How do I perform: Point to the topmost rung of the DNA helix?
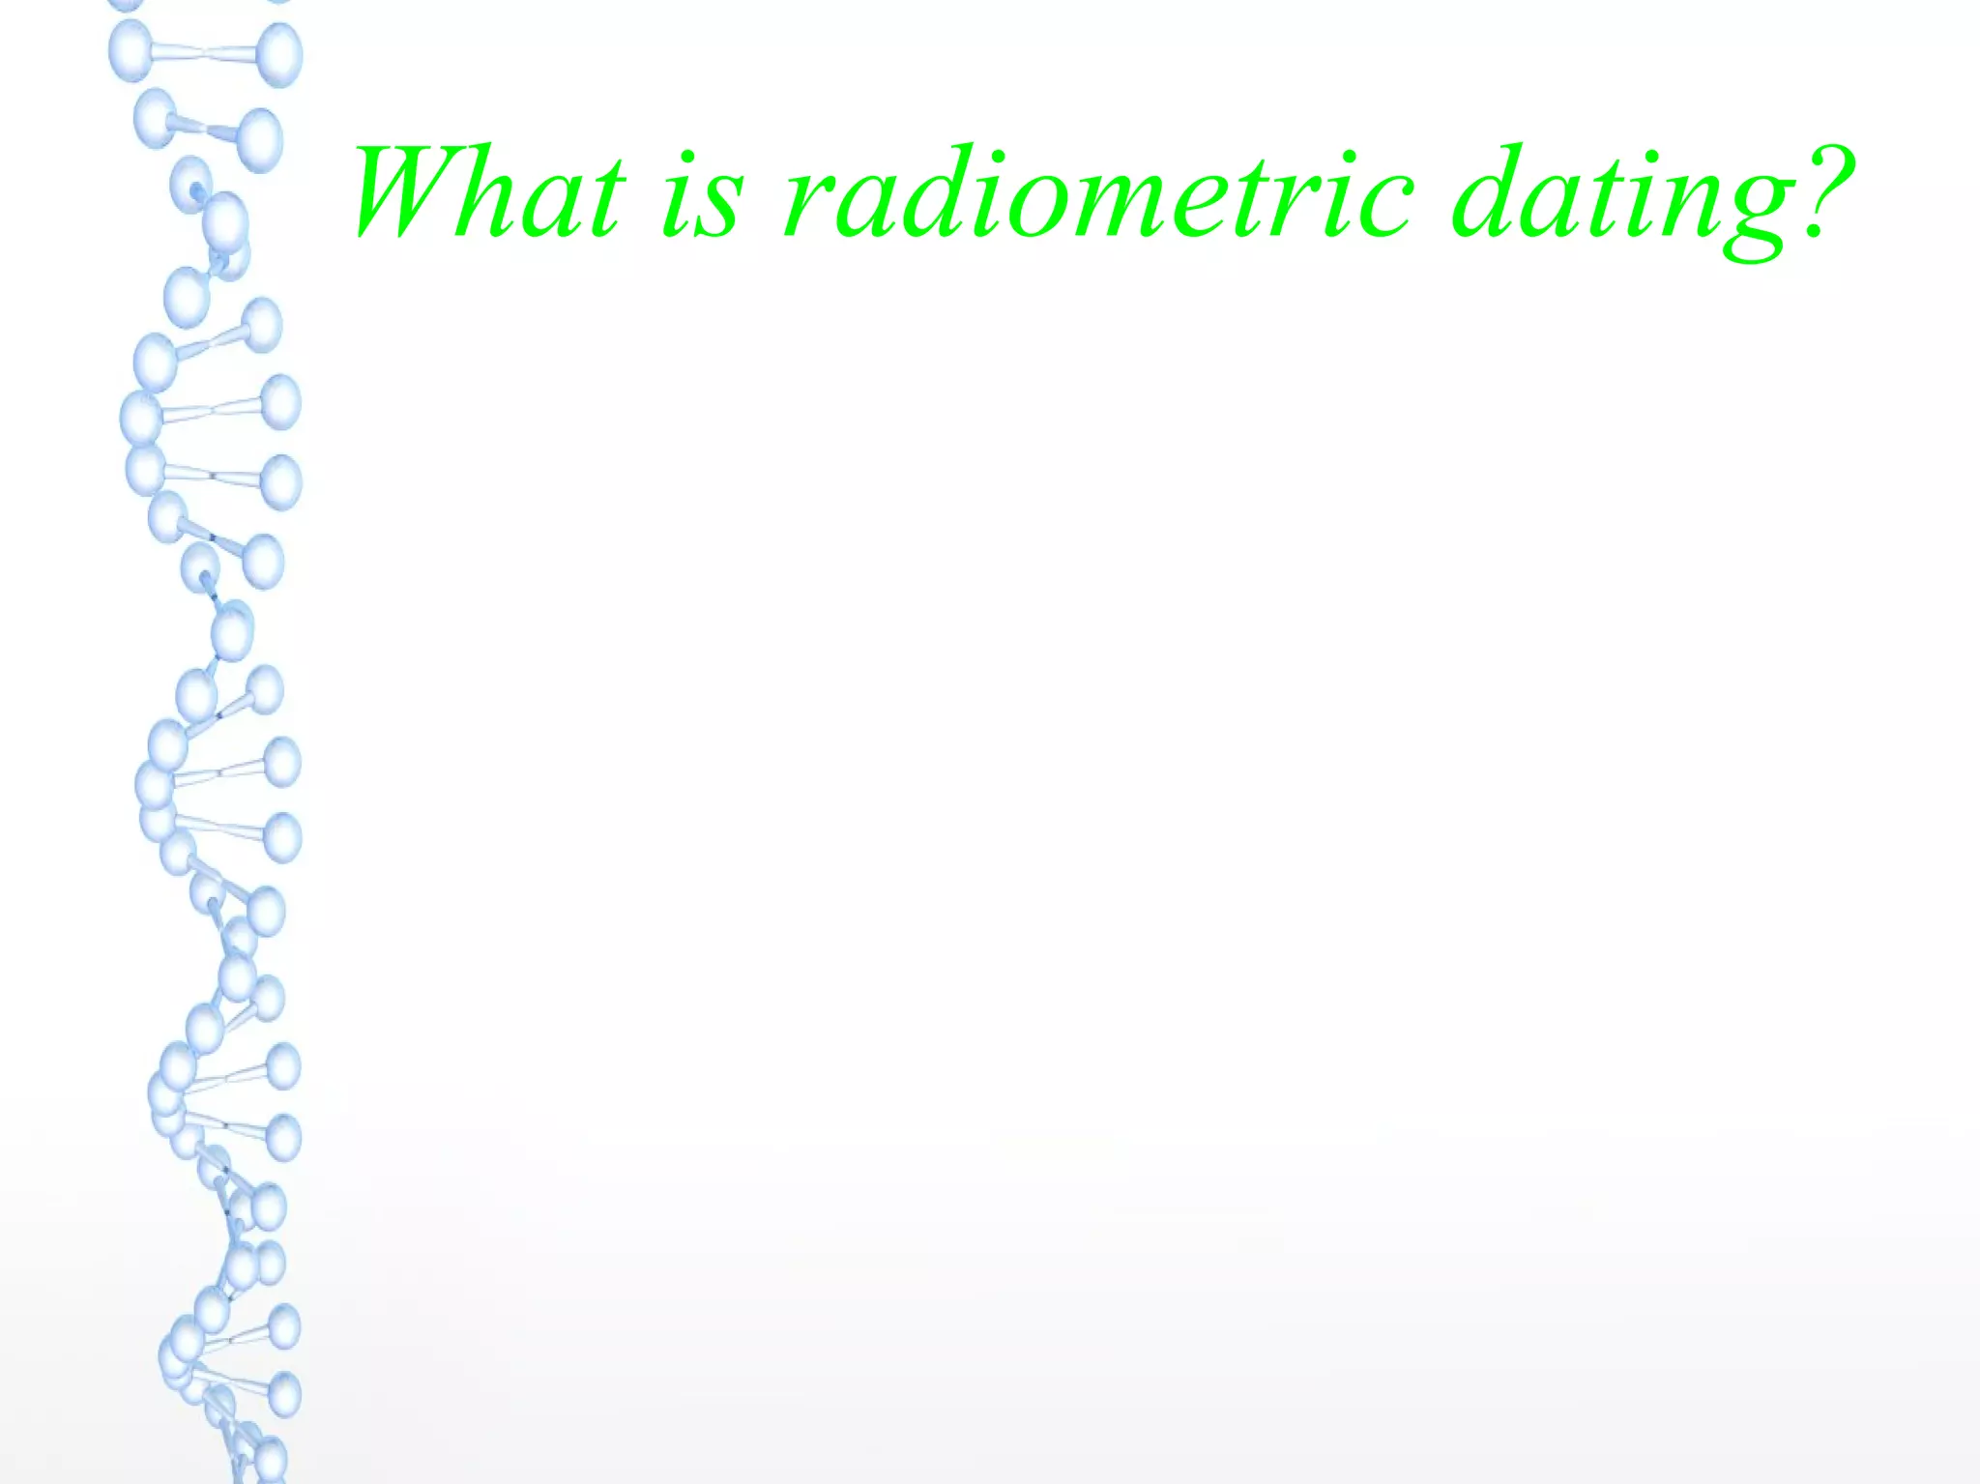click(205, 53)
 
